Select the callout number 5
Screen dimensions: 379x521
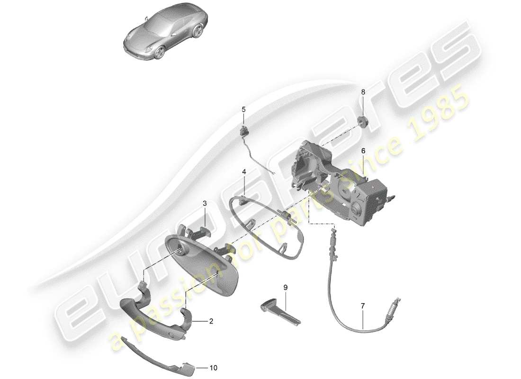tap(243, 109)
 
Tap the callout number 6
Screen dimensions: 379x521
tap(363, 151)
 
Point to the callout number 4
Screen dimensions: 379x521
tap(244, 173)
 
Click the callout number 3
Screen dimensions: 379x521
tap(205, 204)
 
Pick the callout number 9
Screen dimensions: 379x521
tap(286, 287)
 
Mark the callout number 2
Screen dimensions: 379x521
tap(211, 321)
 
